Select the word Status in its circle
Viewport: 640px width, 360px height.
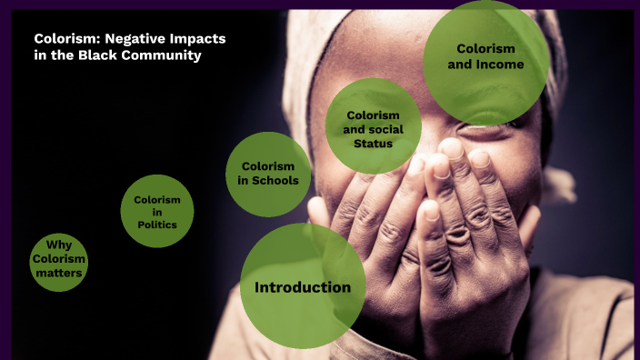click(373, 143)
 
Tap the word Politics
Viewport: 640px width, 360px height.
click(157, 225)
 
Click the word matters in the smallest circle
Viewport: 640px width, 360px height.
click(59, 273)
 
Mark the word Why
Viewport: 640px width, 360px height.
click(59, 245)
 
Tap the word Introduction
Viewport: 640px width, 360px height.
click(303, 288)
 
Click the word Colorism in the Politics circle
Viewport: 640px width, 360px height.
click(157, 199)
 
